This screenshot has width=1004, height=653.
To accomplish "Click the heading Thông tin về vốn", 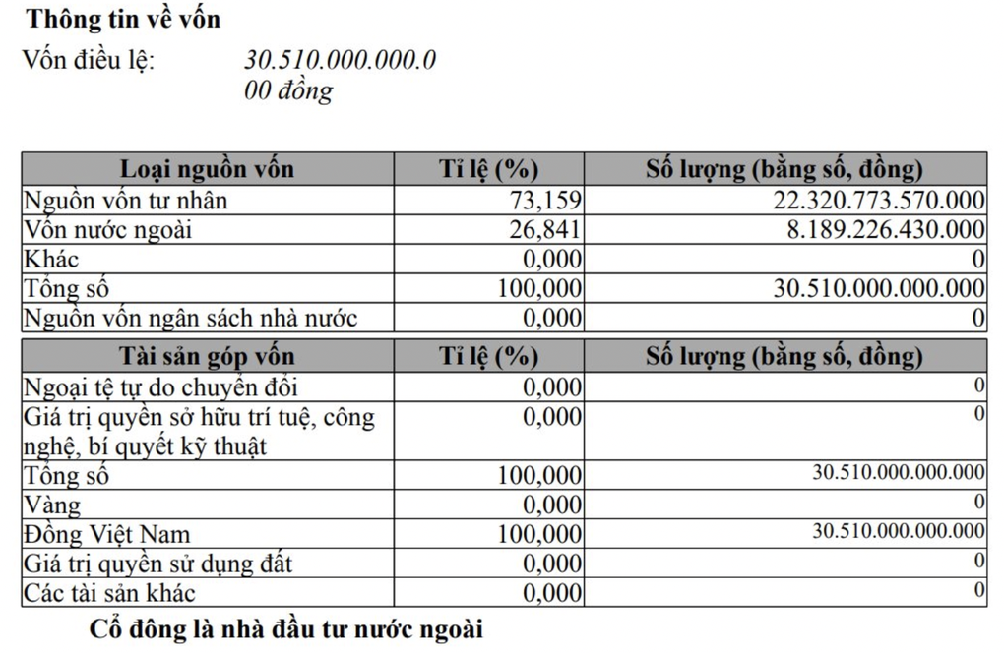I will tap(123, 19).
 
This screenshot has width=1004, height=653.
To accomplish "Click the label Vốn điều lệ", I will tap(89, 60).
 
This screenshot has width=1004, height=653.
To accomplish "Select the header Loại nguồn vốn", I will tap(207, 169).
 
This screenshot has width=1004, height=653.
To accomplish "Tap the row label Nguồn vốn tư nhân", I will tap(125, 201).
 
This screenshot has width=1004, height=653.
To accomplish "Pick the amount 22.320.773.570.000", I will tap(879, 201).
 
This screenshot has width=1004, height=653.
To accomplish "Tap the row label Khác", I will tap(51, 260).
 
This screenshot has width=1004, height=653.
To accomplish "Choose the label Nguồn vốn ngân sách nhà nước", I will tap(190, 319).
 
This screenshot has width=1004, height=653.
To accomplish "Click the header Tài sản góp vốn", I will tap(207, 356).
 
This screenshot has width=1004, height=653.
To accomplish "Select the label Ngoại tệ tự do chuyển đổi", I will tap(160, 386).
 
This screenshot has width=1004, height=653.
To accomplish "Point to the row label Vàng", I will tap(52, 505).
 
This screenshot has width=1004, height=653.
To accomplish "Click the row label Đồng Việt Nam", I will tap(107, 535).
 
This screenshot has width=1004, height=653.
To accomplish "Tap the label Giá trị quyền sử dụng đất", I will tap(157, 564).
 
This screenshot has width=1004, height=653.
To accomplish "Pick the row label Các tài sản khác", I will tap(109, 593).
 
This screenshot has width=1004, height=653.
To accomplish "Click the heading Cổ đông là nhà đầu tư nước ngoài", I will tap(286, 628).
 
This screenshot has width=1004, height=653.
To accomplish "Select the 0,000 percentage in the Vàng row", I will tap(552, 505).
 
